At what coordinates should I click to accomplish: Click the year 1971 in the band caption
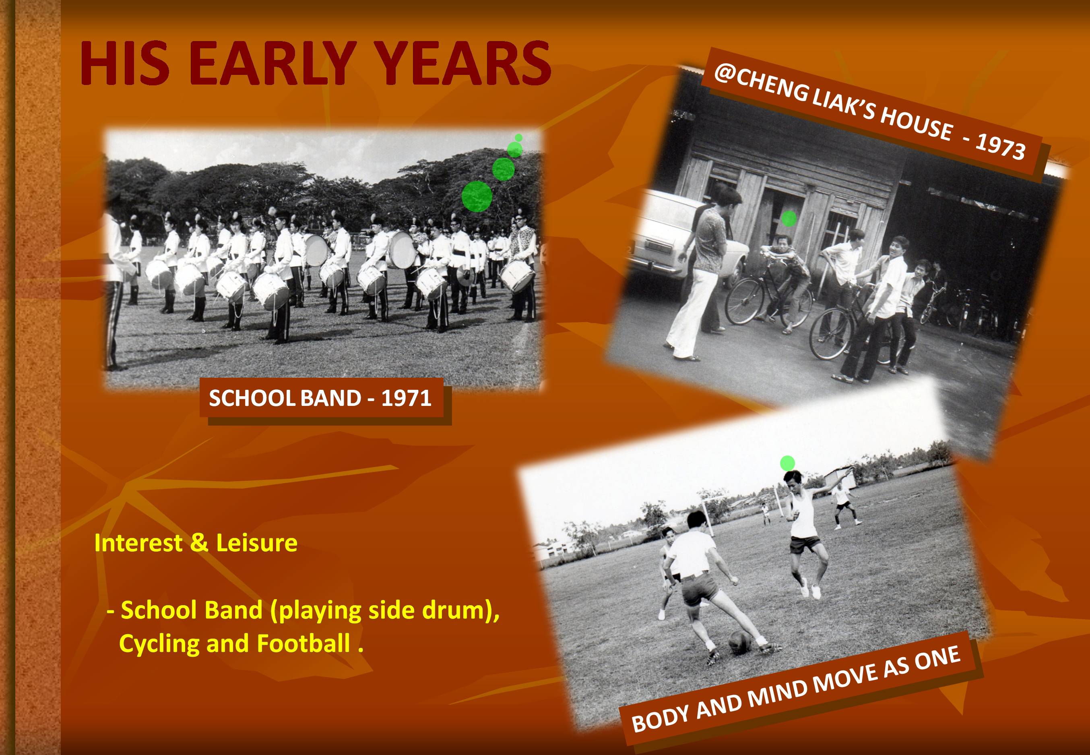[406, 398]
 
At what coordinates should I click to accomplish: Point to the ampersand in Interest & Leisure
[199, 543]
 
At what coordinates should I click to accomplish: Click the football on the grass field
[741, 642]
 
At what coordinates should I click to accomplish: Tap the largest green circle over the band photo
[477, 196]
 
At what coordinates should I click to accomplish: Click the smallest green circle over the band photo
[518, 138]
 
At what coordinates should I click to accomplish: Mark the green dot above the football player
[787, 463]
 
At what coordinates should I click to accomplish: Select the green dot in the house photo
[788, 218]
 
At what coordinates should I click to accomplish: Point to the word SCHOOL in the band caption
[252, 398]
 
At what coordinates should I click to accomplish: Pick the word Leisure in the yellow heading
[257, 543]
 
